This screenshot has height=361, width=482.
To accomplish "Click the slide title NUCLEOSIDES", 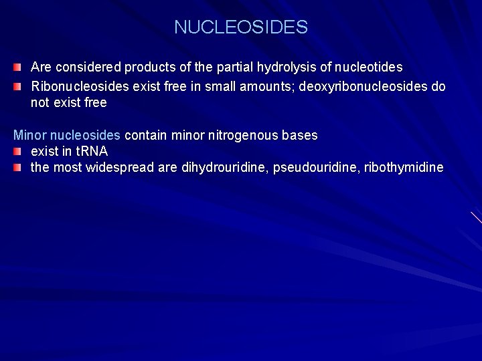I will [x=241, y=27].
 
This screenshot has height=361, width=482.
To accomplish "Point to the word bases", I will [x=300, y=135].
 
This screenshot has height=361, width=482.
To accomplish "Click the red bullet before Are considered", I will [x=19, y=68].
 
